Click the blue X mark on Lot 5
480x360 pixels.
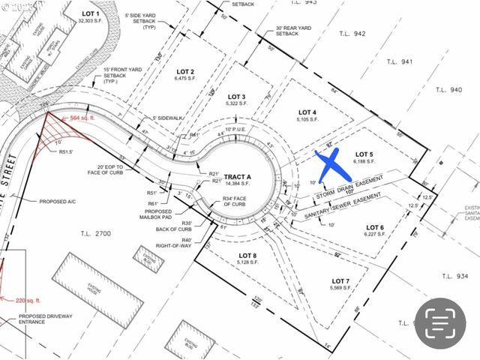point(328,163)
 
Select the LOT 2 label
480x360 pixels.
point(184,71)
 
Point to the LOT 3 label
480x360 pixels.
point(237,97)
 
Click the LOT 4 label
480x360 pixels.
point(307,112)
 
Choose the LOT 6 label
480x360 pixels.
point(375,227)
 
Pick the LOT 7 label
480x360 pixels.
point(341,282)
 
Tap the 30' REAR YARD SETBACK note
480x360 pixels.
point(292,31)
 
